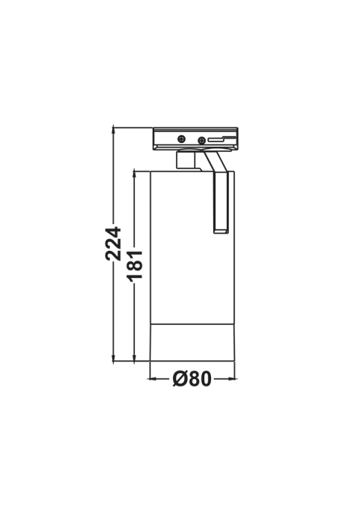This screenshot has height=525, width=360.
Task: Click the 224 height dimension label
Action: pyautogui.click(x=113, y=243)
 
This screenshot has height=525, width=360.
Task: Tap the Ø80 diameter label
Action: pyautogui.click(x=192, y=379)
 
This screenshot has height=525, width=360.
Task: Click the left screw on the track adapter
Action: pyautogui.click(x=182, y=139)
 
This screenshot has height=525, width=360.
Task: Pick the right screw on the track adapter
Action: pyautogui.click(x=201, y=140)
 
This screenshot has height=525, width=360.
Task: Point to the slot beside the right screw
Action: pyautogui.click(x=222, y=139)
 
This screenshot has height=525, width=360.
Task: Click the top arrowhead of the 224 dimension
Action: pyautogui.click(x=114, y=130)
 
